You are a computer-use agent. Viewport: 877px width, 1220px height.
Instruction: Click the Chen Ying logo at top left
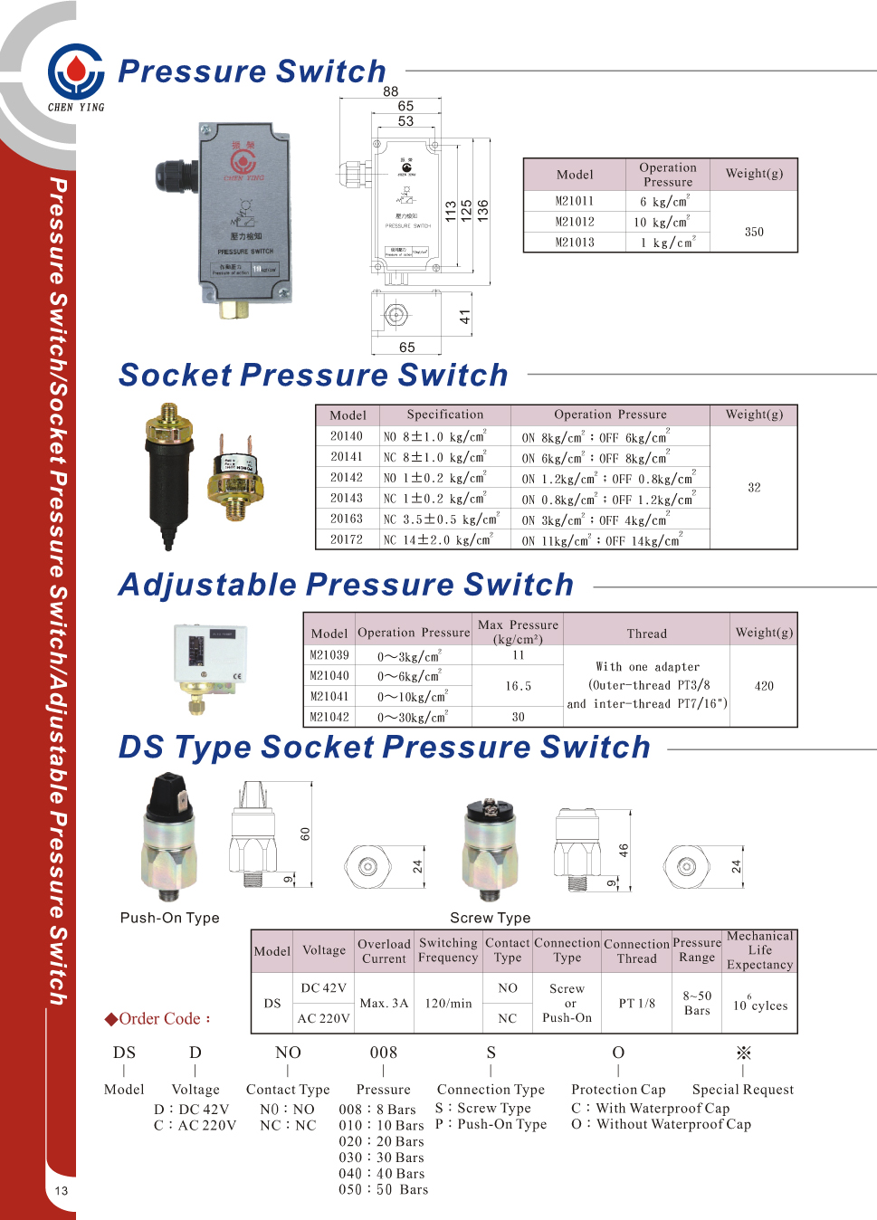[x=76, y=73]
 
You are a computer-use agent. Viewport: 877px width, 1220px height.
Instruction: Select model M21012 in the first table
[x=575, y=222]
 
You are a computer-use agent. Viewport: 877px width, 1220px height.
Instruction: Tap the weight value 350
[x=754, y=232]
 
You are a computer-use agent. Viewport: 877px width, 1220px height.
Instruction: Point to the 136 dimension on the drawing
[x=483, y=211]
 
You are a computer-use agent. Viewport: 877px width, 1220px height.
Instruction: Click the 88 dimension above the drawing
[x=390, y=91]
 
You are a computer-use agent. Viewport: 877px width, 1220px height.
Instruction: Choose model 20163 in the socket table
[x=346, y=519]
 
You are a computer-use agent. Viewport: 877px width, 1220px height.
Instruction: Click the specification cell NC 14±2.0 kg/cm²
[x=438, y=539]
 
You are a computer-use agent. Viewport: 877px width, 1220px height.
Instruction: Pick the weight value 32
[x=754, y=487]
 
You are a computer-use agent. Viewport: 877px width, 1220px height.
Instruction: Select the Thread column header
[x=646, y=634]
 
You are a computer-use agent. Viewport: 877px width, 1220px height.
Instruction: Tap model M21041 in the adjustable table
[x=329, y=696]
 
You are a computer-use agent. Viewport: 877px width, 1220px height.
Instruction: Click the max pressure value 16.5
[x=518, y=686]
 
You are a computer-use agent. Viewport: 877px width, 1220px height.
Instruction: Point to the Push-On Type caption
[x=170, y=918]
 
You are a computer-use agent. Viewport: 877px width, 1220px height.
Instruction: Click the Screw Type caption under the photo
[x=491, y=918]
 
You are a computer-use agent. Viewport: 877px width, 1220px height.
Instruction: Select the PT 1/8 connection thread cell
[x=637, y=1003]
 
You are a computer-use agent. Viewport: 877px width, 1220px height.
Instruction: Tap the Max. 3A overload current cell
[x=384, y=1003]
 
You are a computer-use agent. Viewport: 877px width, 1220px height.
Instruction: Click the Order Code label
[x=159, y=1019]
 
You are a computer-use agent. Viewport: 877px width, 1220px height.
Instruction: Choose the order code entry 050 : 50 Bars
[x=384, y=1189]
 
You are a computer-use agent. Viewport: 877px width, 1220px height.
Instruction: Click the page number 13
[x=62, y=1191]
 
